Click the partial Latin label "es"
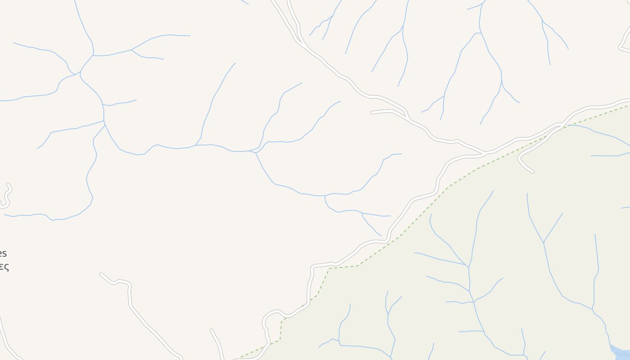tap(3, 253)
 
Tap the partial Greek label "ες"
tap(4, 266)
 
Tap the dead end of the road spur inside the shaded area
tap(533, 172)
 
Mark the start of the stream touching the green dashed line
tap(568, 125)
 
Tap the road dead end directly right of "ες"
tap(101, 274)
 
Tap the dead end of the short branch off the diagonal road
tap(372, 112)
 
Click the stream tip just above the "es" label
tap(4, 215)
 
